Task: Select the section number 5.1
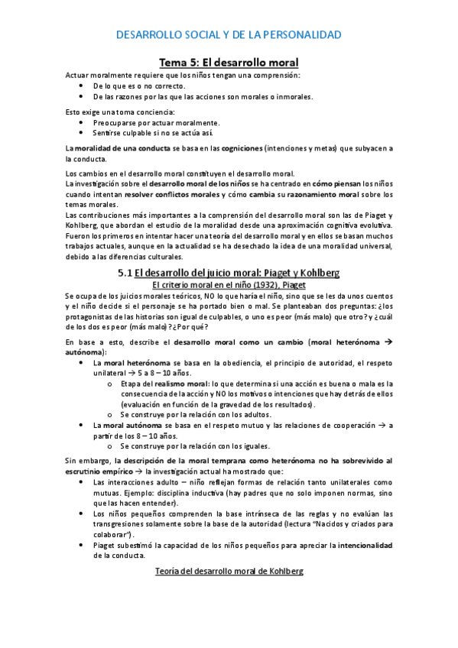click(126, 273)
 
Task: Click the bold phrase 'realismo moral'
click(185, 384)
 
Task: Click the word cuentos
click(375, 295)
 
